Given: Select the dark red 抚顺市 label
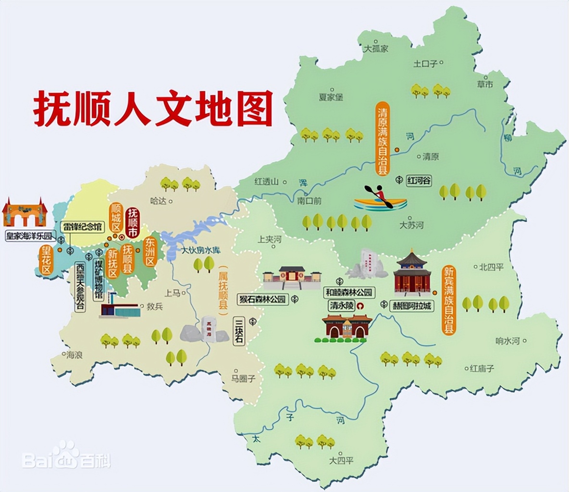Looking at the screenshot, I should pos(133,222).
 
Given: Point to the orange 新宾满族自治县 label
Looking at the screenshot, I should pos(449,300).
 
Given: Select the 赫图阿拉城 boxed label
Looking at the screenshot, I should pos(412,306).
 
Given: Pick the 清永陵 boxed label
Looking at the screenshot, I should pos(341,306).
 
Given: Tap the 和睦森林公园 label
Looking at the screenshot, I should pos(349,292).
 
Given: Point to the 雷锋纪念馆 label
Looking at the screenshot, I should pos(82,226).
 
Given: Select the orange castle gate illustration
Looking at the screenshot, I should pos(24,213).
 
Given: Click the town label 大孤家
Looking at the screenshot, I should pos(376,49).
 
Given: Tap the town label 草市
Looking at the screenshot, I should pos(485,84).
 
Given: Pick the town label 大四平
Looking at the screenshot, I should pos(341,461).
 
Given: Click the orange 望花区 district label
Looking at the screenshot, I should pos(46,260).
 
